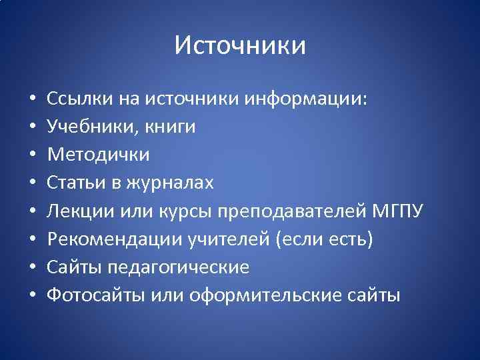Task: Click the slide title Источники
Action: tap(240, 46)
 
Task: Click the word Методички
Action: tap(98, 155)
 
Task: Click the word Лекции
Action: tap(81, 211)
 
